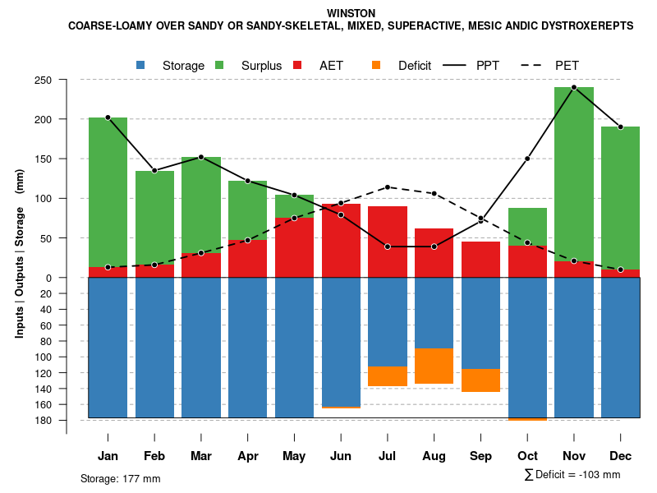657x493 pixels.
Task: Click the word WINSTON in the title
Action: tap(351, 13)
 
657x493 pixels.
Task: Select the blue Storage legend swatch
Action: tap(140, 65)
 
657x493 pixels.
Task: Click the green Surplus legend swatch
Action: tap(219, 65)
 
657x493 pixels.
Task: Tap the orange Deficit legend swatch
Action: tap(376, 65)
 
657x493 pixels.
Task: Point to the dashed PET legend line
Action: tap(534, 65)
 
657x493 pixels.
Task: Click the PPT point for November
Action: tap(574, 87)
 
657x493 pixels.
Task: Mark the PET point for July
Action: tap(388, 187)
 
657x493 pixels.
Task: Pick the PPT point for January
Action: tap(108, 117)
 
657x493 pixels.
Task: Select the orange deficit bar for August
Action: tap(434, 366)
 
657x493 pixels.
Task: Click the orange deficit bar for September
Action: tap(480, 380)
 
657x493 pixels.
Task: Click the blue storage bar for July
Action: tap(388, 321)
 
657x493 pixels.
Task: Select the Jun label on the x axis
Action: tap(341, 456)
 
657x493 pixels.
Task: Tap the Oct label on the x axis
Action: tap(527, 456)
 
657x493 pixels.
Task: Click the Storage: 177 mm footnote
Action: tap(120, 478)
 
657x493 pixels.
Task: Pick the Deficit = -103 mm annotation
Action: tap(572, 475)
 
